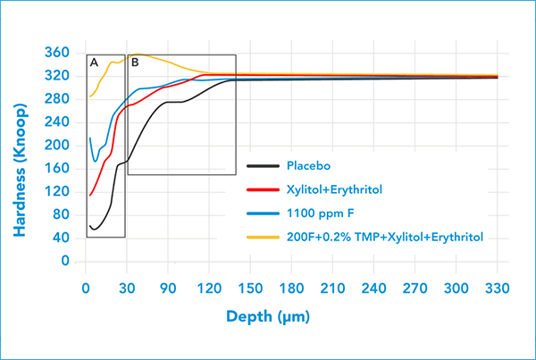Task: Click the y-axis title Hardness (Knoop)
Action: pos(19,157)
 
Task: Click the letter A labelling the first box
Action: pos(94,63)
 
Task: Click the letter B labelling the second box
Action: pos(135,63)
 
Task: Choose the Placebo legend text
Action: pos(308,165)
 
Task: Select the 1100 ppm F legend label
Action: pos(321,213)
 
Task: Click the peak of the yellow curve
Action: pos(137,54)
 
